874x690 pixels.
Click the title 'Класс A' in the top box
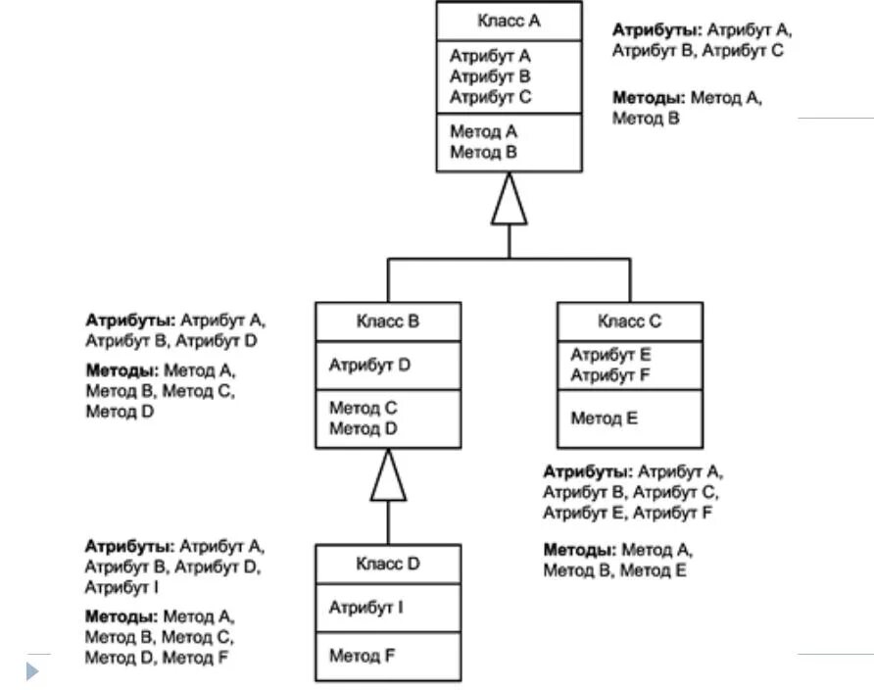pos(509,21)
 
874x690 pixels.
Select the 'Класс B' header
pos(387,321)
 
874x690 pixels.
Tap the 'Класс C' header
pos(629,321)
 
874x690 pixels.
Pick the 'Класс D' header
pos(387,564)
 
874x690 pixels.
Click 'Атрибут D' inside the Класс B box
pos(369,365)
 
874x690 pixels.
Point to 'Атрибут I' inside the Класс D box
pos(365,607)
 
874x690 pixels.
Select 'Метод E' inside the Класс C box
pos(604,418)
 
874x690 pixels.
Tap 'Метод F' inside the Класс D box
pos(362,656)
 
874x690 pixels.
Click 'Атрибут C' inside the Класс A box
pos(491,97)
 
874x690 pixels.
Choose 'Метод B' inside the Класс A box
pos(483,152)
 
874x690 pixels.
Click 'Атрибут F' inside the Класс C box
pos(609,375)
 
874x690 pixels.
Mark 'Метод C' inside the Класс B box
pos(363,408)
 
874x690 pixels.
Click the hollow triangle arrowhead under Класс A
pos(509,199)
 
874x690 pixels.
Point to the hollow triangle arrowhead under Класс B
pos(388,474)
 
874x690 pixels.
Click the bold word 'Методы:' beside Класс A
pos(649,98)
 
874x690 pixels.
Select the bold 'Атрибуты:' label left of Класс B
pos(130,320)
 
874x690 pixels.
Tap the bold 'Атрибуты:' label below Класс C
pos(588,472)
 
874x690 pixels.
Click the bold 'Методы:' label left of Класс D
pos(121,616)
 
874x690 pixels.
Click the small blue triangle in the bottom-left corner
pos(32,671)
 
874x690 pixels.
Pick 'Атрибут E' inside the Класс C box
pos(610,355)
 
